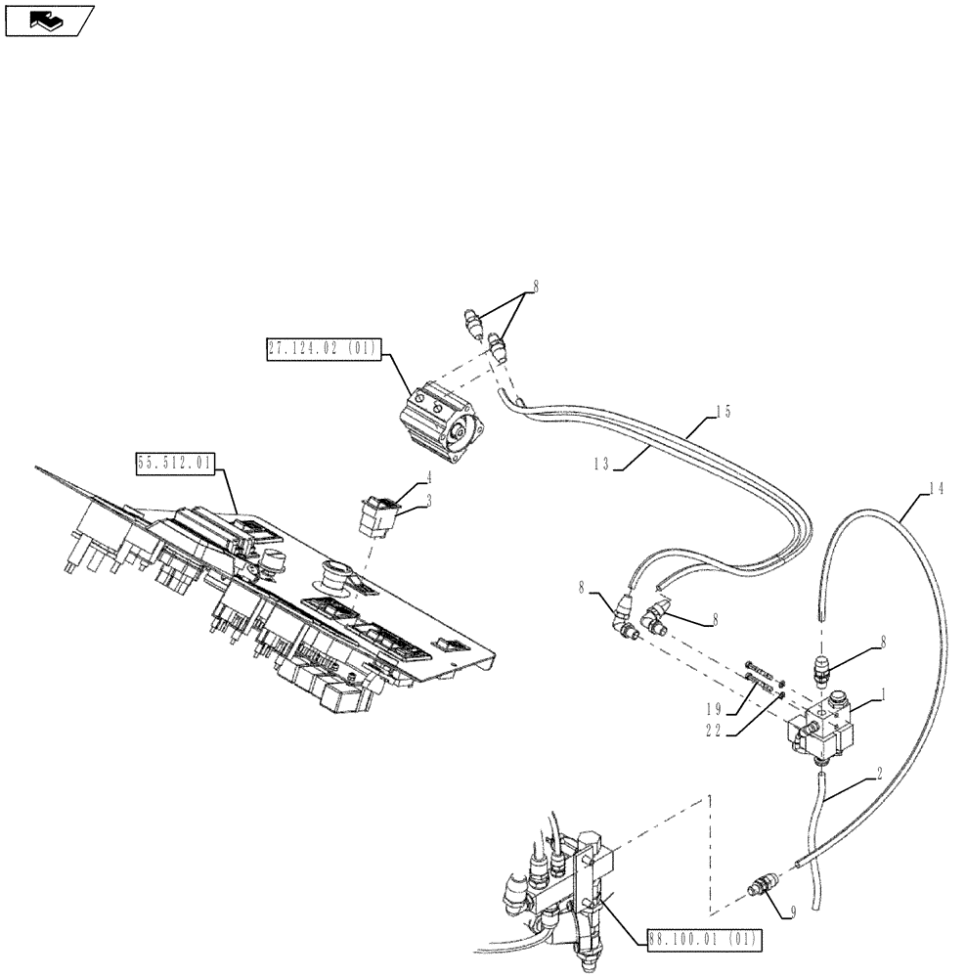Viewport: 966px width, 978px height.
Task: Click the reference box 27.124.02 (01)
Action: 324,350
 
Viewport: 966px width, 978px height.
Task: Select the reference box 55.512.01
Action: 176,464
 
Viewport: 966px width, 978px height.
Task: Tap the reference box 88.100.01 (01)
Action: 702,940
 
